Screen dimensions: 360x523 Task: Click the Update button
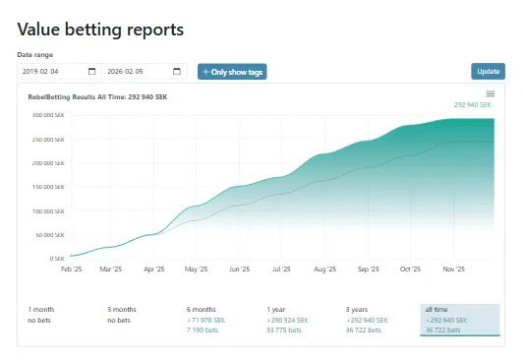click(488, 72)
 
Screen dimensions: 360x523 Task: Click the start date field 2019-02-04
click(56, 72)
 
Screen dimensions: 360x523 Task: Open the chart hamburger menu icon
click(491, 93)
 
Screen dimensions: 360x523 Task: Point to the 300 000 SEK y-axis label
click(48, 115)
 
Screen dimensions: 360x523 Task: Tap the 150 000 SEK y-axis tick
click(48, 187)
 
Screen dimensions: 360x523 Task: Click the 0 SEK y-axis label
click(56, 259)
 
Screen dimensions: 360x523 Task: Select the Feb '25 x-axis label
click(72, 269)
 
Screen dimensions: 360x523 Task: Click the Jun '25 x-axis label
click(239, 269)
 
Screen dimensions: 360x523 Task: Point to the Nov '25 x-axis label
click(452, 269)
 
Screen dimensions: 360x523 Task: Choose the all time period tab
click(460, 320)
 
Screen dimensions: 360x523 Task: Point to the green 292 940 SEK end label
click(474, 104)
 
